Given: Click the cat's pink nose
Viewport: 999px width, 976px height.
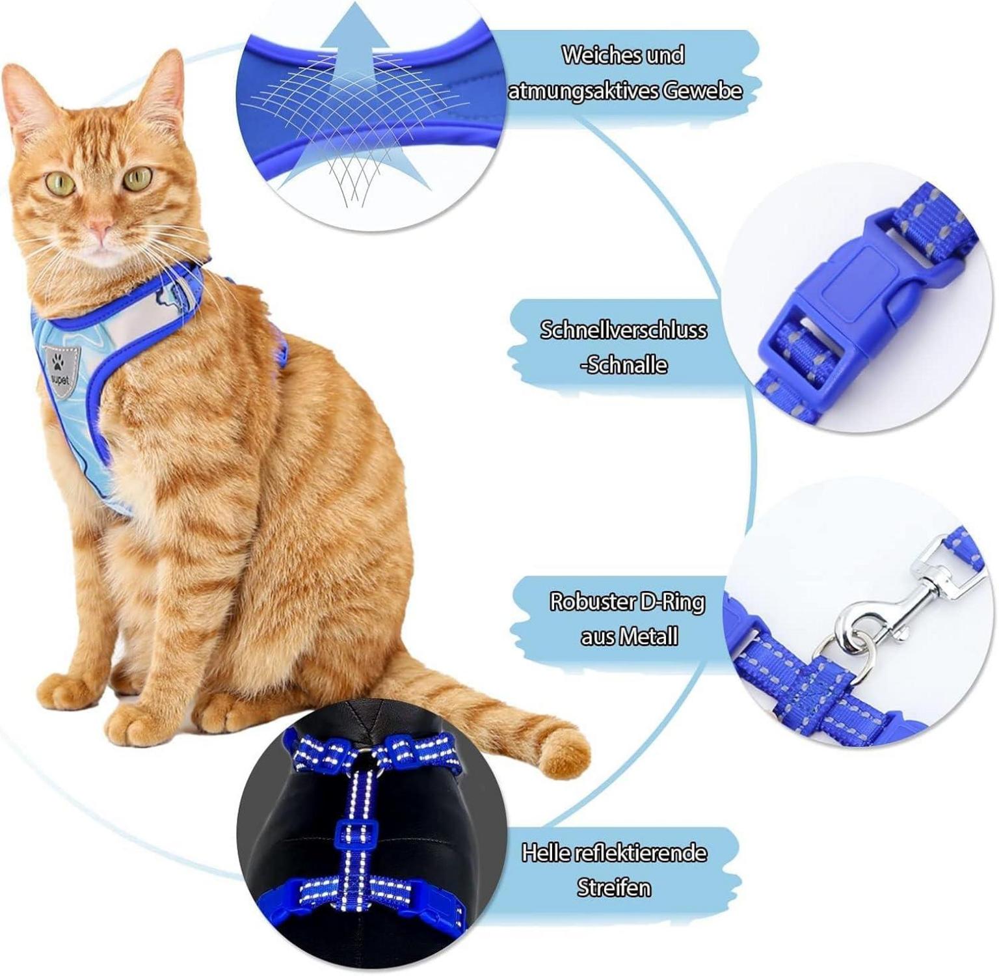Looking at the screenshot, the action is [x=100, y=228].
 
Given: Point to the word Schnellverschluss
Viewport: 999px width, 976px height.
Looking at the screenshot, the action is [x=623, y=330].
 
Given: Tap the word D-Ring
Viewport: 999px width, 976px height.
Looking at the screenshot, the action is [x=672, y=601].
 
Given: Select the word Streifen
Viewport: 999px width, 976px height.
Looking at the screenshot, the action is [x=613, y=888].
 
